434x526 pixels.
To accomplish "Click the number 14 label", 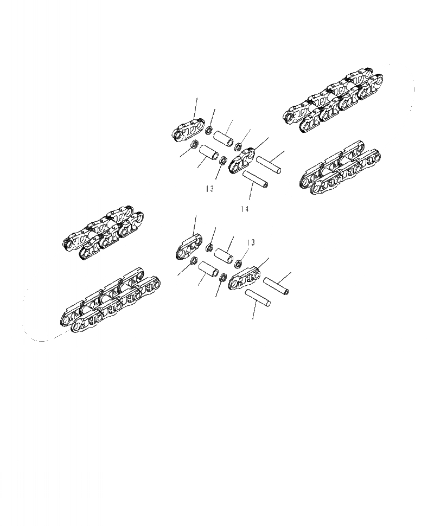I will [244, 209].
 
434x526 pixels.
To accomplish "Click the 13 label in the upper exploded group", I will [209, 189].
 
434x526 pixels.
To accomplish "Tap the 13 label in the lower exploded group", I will [250, 242].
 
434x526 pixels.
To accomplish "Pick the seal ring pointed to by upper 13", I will [222, 161].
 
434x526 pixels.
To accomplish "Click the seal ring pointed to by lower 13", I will [237, 264].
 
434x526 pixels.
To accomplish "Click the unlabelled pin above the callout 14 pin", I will [268, 164].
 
